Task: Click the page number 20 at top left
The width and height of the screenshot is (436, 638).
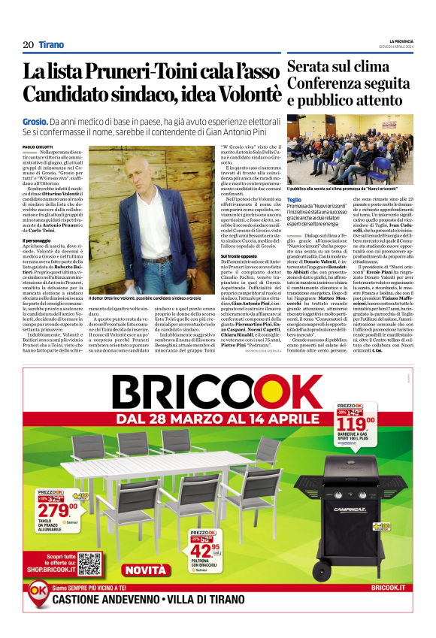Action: (x=28, y=45)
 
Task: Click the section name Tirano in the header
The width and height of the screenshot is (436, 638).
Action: (x=52, y=45)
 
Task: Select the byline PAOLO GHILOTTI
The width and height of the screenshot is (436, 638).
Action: (x=59, y=147)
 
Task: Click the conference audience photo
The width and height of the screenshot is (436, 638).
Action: (x=350, y=153)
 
